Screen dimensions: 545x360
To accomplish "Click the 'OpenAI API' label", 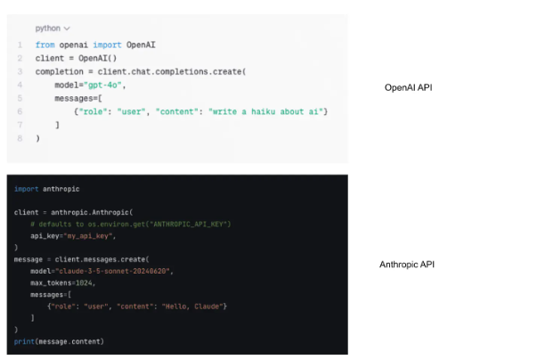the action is click(x=409, y=87).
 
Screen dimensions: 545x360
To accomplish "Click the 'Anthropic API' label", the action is click(x=407, y=265).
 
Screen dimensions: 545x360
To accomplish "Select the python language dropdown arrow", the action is click(x=67, y=29).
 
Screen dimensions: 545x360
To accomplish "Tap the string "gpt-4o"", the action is click(x=102, y=86).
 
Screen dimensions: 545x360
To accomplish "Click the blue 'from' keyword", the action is click(x=45, y=45).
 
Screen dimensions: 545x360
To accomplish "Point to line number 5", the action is click(x=20, y=98).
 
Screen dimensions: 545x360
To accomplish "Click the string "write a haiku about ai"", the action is click(x=265, y=111).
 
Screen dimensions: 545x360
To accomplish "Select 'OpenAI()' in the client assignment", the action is click(x=98, y=58).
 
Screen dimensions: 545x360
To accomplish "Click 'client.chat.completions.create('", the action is click(x=172, y=71).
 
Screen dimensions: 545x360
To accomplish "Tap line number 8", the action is click(x=20, y=138).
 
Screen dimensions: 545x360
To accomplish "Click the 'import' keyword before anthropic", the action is click(x=27, y=189).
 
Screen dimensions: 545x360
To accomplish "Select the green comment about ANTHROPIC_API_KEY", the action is click(x=131, y=225).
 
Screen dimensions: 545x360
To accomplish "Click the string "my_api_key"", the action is click(x=88, y=236).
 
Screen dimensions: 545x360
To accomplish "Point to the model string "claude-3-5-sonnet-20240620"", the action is click(x=112, y=271).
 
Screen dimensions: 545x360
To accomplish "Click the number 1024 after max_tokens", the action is click(x=84, y=282).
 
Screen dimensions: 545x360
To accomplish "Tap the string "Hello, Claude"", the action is click(x=191, y=307).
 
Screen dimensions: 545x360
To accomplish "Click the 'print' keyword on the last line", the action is click(x=24, y=341).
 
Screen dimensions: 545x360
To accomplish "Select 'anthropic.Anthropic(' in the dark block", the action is click(x=92, y=212).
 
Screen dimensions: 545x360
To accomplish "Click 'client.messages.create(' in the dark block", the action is click(x=102, y=259).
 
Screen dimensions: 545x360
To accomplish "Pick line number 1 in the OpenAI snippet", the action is click(x=20, y=45).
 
